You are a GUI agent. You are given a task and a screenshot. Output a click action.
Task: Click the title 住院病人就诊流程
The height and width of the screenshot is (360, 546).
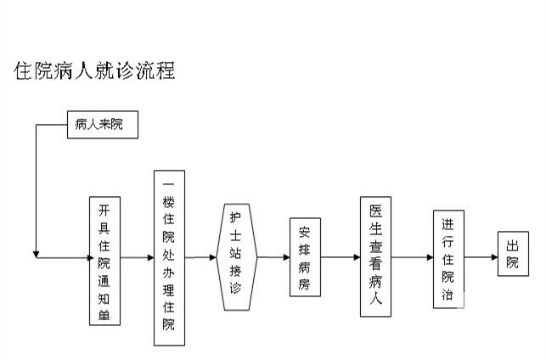(x=95, y=70)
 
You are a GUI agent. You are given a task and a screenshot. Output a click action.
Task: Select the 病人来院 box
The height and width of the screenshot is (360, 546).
(x=100, y=126)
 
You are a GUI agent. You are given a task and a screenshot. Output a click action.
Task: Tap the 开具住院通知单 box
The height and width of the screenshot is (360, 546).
(x=104, y=261)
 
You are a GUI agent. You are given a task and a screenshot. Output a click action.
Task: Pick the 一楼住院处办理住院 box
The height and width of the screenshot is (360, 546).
(x=168, y=257)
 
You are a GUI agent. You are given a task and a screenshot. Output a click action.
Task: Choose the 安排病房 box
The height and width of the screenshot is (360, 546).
(x=305, y=257)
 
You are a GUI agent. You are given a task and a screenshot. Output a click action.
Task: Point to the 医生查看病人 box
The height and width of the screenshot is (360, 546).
(x=376, y=256)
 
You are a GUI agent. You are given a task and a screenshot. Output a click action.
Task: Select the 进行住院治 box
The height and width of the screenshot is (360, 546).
(x=447, y=256)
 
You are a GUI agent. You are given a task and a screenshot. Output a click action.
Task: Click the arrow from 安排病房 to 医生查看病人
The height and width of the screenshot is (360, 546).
(x=340, y=256)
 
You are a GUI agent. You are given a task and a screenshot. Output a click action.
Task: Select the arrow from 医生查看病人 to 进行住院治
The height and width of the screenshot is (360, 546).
(x=411, y=256)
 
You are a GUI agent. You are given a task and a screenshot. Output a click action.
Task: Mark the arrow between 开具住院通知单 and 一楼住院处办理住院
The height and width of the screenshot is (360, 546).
(x=137, y=256)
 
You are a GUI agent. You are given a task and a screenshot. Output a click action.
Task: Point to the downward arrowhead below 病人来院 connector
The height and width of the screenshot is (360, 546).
(x=36, y=252)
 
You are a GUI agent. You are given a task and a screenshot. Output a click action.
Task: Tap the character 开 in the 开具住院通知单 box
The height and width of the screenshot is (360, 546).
(x=104, y=210)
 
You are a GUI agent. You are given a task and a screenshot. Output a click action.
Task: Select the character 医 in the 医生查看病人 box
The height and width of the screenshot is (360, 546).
(x=376, y=209)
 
